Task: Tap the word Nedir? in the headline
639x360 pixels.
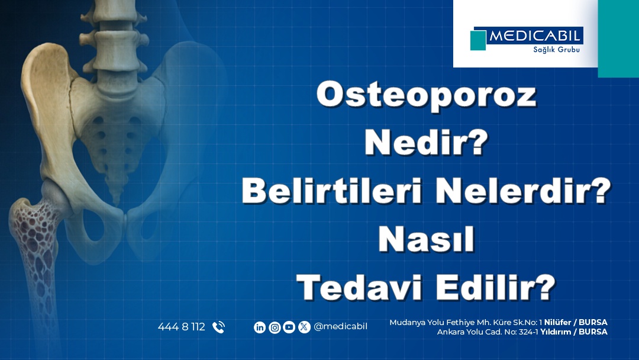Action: point(426,144)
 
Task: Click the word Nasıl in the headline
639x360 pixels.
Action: point(426,240)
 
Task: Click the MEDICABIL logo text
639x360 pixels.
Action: point(535,36)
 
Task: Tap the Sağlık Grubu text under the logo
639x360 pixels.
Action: point(552,50)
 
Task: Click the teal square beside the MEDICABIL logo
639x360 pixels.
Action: point(478,40)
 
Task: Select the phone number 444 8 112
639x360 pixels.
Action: point(181,327)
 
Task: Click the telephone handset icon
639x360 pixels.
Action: point(218,327)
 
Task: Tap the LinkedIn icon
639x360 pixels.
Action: point(260,327)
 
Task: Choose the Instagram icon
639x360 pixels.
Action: point(275,327)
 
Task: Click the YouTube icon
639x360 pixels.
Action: point(289,327)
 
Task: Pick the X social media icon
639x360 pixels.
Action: point(304,327)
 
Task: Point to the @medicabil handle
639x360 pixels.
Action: point(340,327)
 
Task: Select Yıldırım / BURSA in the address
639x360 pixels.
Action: point(573,332)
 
